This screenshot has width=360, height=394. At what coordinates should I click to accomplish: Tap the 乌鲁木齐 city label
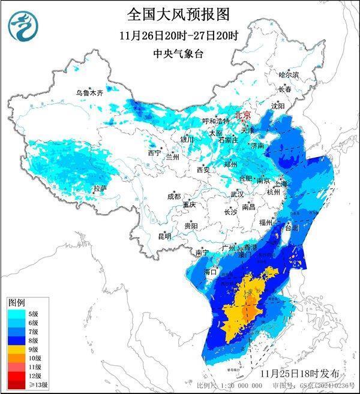point(89,93)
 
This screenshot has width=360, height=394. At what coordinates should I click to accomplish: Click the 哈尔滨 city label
point(288,75)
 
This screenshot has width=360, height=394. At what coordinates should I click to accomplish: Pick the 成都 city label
point(173,196)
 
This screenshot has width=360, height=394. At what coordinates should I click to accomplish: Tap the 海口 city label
point(210,272)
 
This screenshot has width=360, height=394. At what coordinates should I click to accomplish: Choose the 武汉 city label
point(237,194)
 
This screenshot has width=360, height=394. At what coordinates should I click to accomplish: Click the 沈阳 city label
point(278,106)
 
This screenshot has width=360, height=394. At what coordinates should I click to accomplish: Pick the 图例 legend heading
point(16,302)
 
